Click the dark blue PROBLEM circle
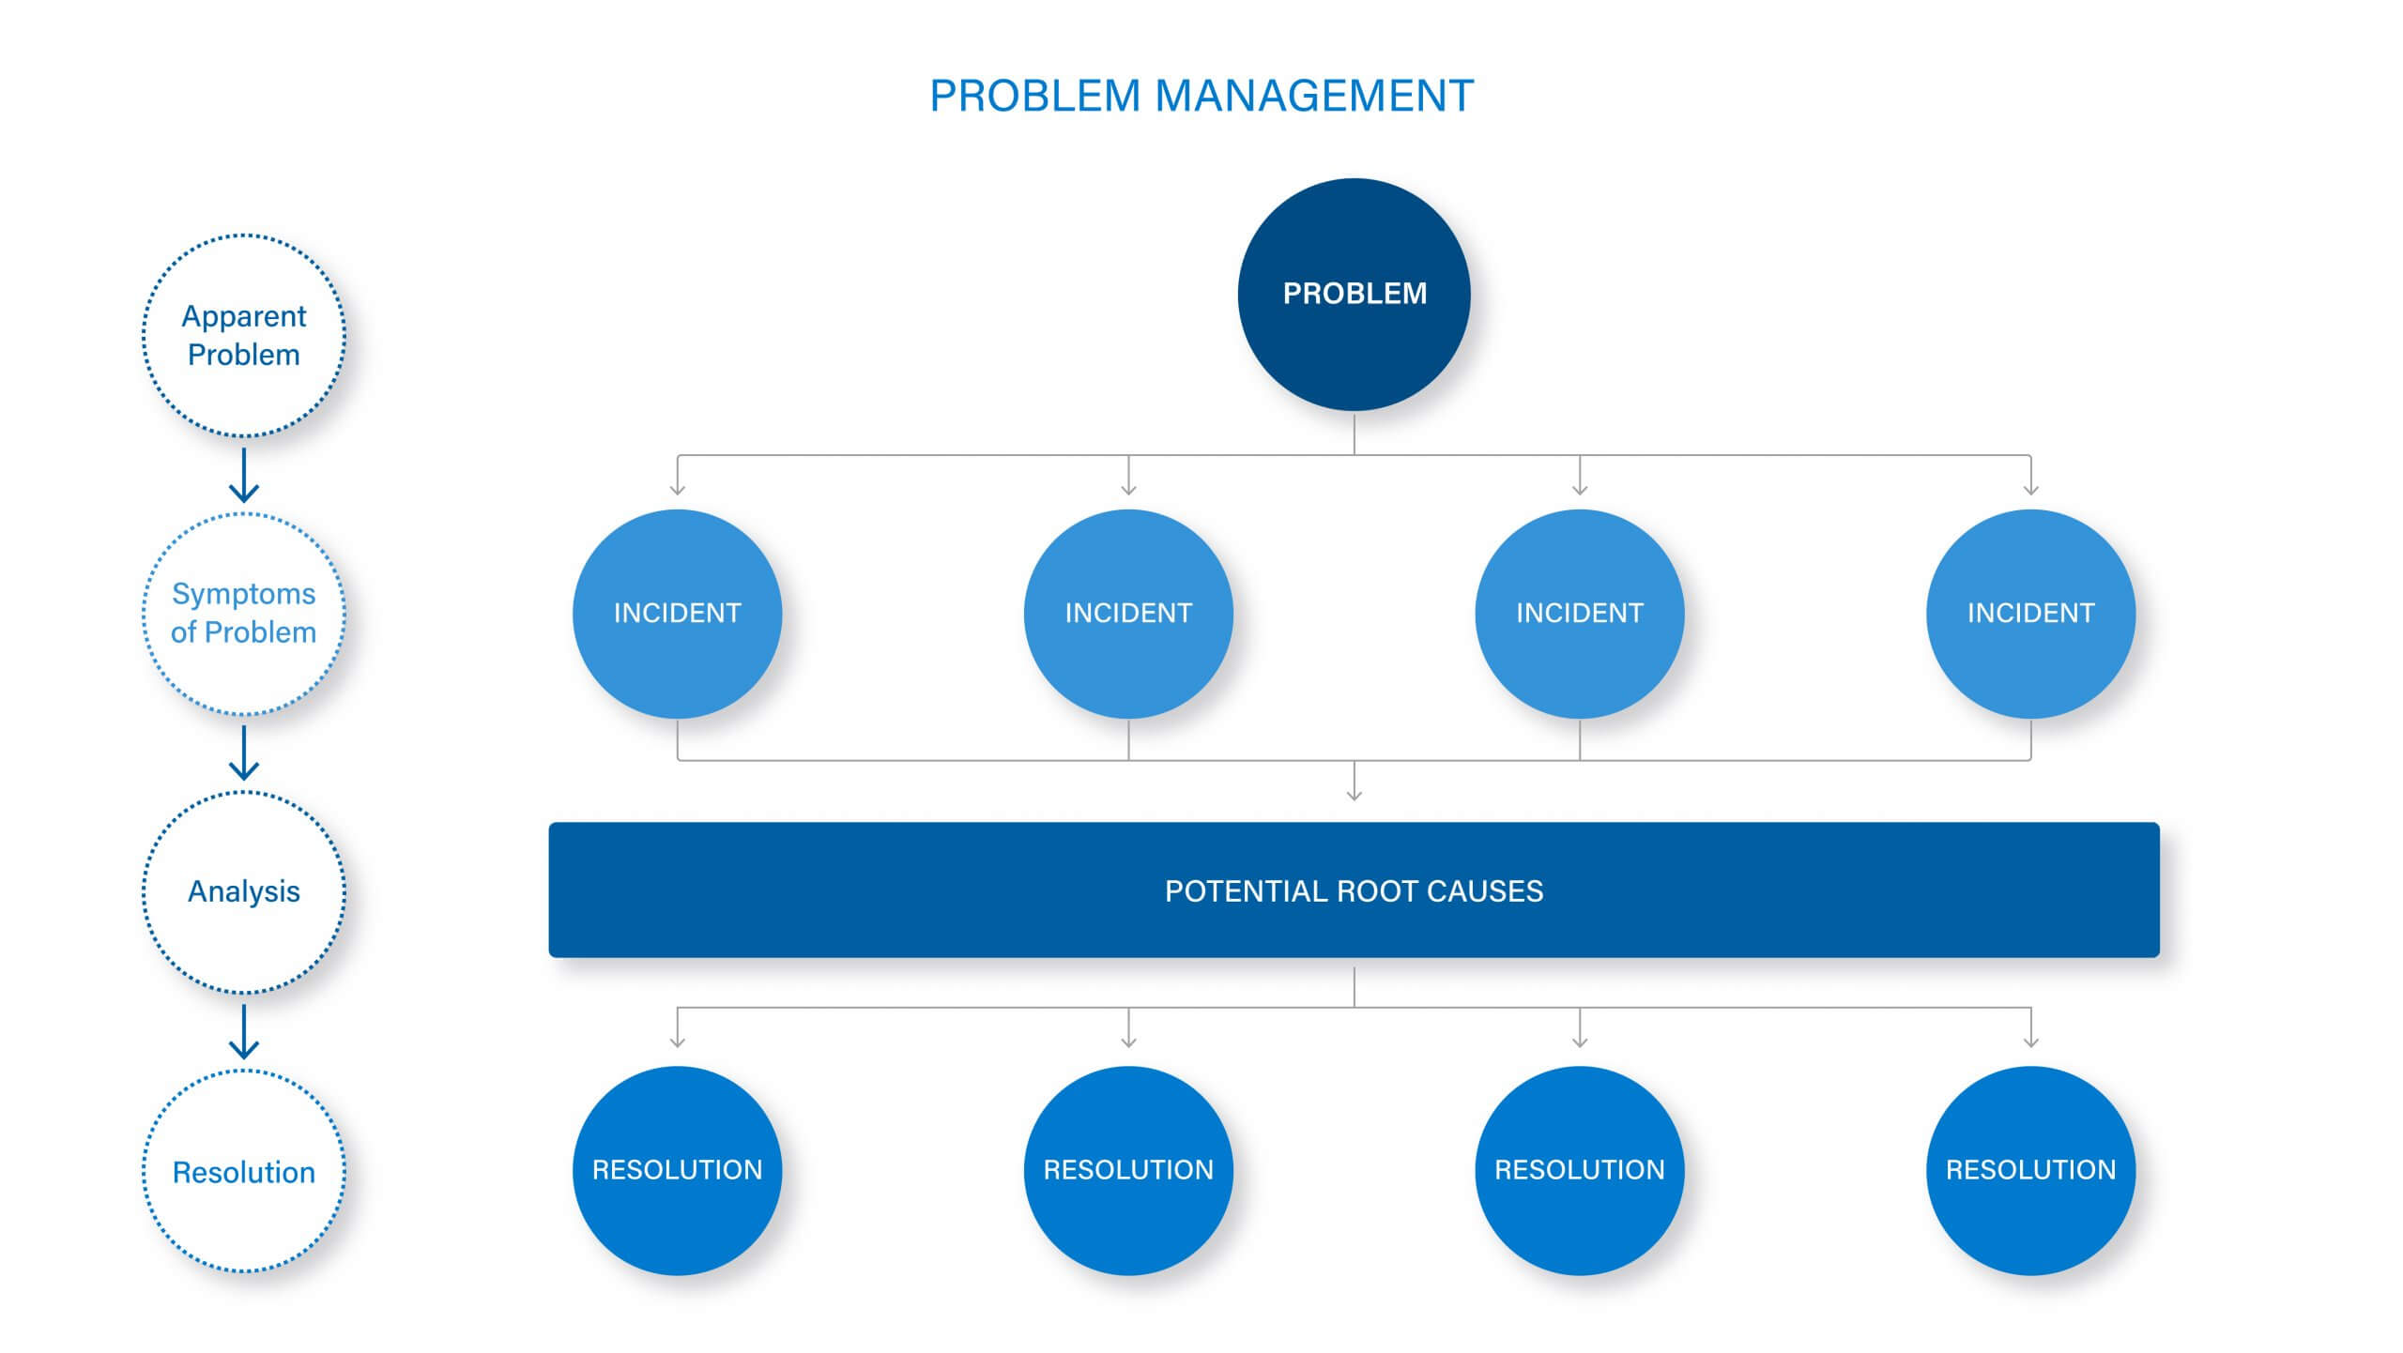(1354, 294)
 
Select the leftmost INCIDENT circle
(677, 614)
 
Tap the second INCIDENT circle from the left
(1128, 614)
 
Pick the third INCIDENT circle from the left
(1580, 614)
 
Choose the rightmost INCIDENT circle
(2030, 614)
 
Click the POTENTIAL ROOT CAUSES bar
(1354, 889)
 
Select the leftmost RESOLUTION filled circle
(677, 1170)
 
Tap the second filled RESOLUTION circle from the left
(1128, 1170)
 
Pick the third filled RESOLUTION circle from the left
(1580, 1170)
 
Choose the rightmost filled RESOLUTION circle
(2030, 1170)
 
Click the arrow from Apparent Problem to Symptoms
(244, 475)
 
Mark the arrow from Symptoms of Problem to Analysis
(244, 753)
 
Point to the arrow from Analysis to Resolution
(244, 1032)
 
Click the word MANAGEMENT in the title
(1314, 96)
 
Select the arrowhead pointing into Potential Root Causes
(1354, 794)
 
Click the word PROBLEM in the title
(1034, 96)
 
